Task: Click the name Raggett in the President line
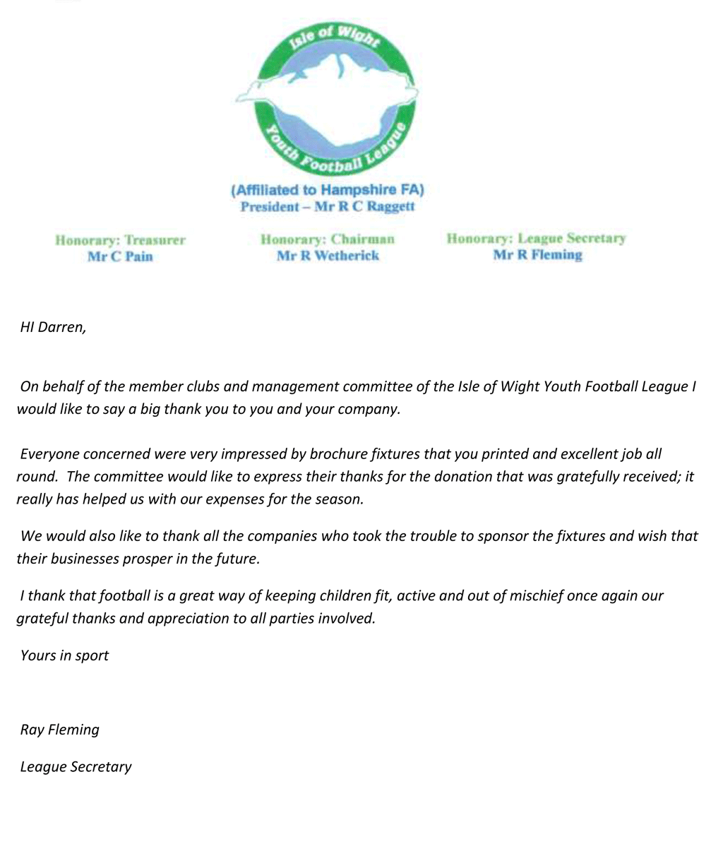click(x=390, y=207)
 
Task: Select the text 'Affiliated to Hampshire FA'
click(x=328, y=190)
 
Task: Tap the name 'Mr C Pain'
click(x=120, y=256)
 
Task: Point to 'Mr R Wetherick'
click(x=328, y=256)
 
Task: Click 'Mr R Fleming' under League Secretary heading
click(x=537, y=255)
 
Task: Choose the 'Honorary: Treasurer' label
click(x=120, y=240)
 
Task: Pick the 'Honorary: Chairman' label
click(x=328, y=239)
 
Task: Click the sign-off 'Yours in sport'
click(x=64, y=656)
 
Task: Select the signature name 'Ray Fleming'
click(x=60, y=730)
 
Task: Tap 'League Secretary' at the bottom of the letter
click(x=76, y=767)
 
